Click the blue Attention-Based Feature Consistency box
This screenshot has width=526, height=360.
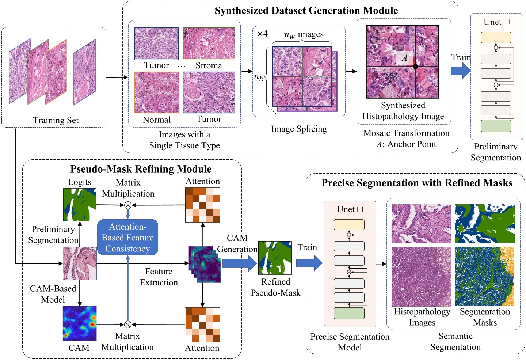pos(127,237)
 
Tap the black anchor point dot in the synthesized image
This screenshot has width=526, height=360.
pos(415,67)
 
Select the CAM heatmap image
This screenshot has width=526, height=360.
pos(79,323)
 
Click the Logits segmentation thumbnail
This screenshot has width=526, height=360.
pos(80,205)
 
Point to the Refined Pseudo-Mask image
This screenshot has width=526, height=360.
pos(275,258)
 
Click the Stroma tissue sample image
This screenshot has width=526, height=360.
pos(209,43)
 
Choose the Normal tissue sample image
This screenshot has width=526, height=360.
pos(157,92)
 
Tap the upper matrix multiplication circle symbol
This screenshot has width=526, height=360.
pos(128,205)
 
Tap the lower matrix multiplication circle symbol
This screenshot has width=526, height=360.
pos(127,325)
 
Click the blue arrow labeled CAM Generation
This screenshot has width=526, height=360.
pos(239,263)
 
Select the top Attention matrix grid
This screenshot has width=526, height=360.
pos(203,205)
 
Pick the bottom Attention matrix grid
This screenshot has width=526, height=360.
pos(202,325)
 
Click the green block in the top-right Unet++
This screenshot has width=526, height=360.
pos(496,126)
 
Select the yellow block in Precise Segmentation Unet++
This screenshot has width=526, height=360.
pos(349,224)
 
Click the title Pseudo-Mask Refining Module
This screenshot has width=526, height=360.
pos(141,169)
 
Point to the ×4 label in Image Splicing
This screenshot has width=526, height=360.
pos(262,34)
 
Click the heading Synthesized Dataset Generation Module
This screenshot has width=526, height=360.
pos(306,10)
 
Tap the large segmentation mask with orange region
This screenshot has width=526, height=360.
pos(484,276)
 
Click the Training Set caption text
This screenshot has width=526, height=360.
pos(56,120)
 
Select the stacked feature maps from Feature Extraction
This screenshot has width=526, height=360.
pos(205,264)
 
